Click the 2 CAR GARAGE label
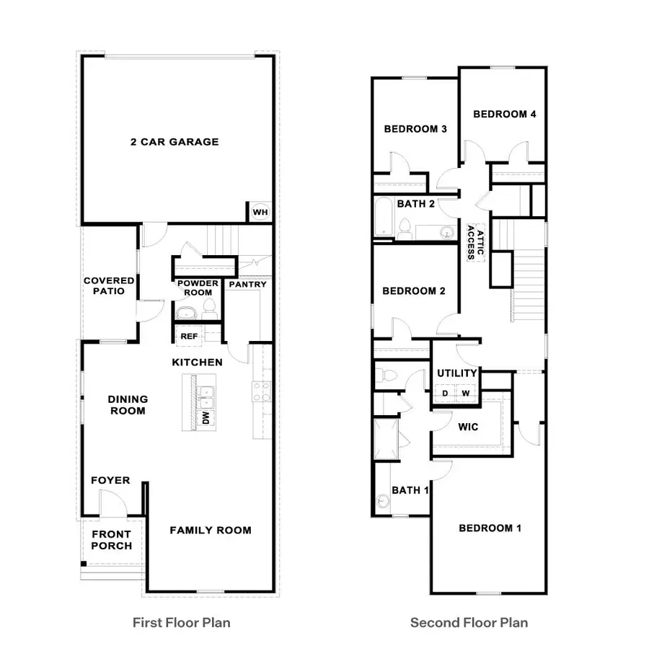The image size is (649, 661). click(x=175, y=142)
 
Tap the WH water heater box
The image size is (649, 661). click(x=260, y=213)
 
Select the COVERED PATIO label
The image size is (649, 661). click(x=109, y=285)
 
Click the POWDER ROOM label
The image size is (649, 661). click(x=198, y=288)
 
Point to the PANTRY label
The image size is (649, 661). click(x=247, y=284)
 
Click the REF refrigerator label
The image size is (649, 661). click(x=189, y=336)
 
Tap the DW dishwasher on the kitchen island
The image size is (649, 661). click(x=206, y=418)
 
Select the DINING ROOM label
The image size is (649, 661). click(x=128, y=404)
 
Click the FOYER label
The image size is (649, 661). click(x=110, y=480)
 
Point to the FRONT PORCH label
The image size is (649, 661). click(x=111, y=540)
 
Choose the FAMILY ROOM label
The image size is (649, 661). click(x=211, y=531)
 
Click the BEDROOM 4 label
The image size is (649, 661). click(x=504, y=114)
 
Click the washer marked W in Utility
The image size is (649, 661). click(x=467, y=393)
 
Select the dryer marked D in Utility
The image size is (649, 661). click(x=445, y=393)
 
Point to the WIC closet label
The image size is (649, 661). click(x=468, y=427)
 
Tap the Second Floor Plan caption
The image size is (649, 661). click(x=469, y=622)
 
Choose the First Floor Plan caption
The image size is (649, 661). click(x=182, y=622)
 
